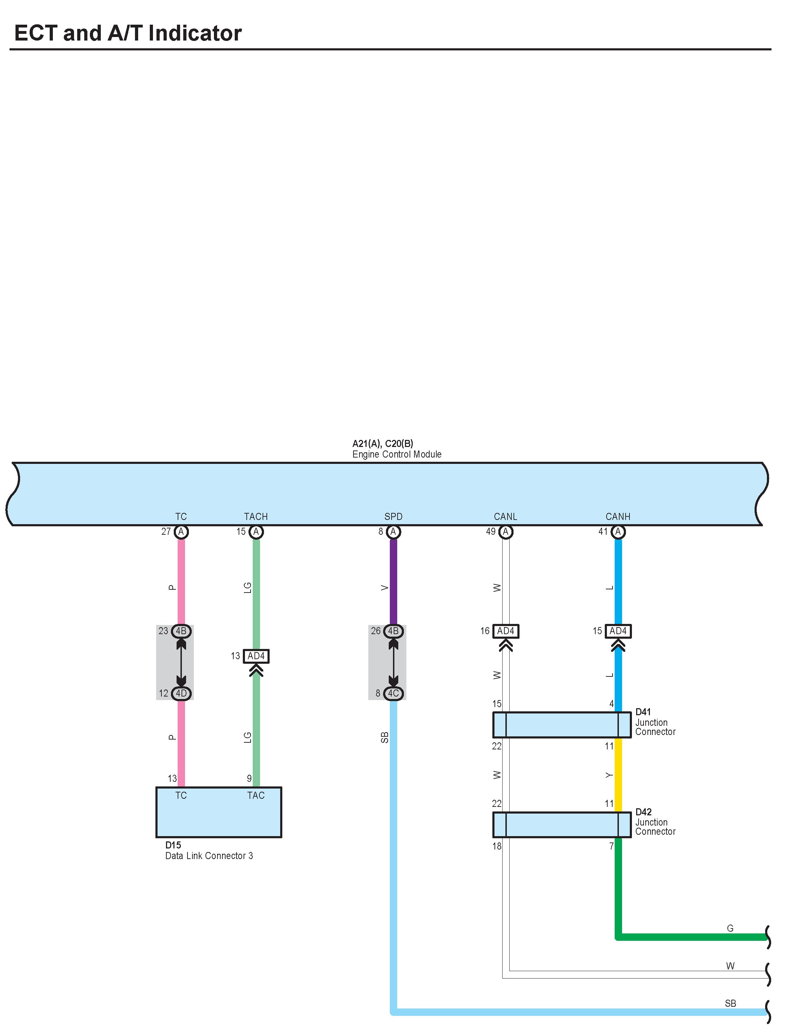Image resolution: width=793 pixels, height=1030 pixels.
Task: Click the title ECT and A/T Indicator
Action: point(128,33)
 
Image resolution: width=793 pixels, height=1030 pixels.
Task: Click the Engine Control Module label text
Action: point(396,454)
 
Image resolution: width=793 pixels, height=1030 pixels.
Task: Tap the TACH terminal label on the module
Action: point(256,516)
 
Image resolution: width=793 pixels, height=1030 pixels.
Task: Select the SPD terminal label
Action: point(393,516)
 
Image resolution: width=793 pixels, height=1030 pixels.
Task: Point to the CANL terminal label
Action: point(505,516)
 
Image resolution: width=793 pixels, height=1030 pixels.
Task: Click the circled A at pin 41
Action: point(617,532)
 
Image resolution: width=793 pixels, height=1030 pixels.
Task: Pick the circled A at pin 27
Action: point(181,532)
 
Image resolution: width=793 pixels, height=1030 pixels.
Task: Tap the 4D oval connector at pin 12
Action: point(181,693)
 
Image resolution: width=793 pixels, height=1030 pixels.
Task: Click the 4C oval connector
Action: point(393,693)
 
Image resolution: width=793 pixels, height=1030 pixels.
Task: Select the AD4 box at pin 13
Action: point(256,656)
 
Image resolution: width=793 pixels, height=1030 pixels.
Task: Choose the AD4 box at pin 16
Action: point(505,631)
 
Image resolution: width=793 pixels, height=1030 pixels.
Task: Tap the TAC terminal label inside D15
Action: point(256,796)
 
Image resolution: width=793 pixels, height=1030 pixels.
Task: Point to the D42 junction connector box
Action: point(561,824)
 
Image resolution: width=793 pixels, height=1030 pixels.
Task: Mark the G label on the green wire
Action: point(730,928)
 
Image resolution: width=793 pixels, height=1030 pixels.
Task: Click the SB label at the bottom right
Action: point(730,1003)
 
